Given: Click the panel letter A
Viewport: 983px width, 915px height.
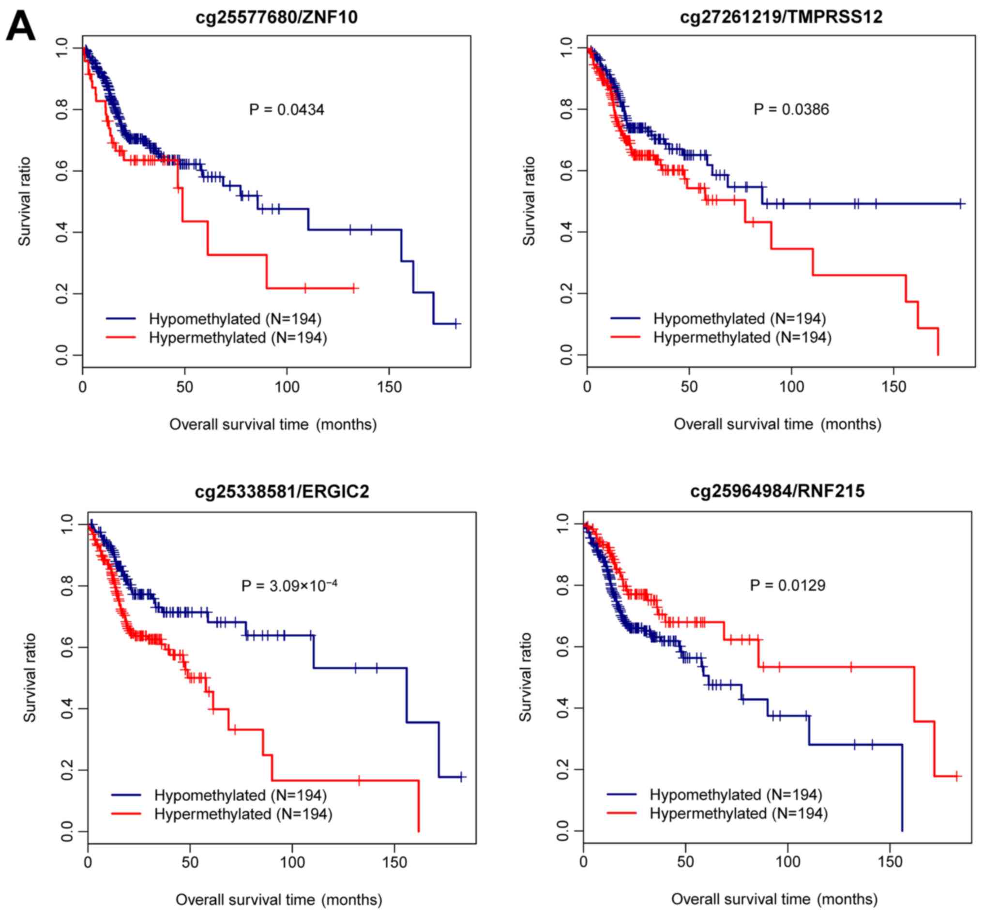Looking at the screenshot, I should click(x=20, y=27).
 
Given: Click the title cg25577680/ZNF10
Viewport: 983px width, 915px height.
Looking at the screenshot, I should click(x=276, y=17).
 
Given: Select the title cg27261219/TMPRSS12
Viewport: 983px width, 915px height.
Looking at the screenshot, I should click(x=781, y=17).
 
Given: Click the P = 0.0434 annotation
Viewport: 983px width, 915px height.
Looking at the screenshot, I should click(x=287, y=109).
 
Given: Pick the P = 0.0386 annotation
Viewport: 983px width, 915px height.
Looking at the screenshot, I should click(x=791, y=109).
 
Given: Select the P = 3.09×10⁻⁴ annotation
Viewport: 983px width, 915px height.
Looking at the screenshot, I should click(x=289, y=586).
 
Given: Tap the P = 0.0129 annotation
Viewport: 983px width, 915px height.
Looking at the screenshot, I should click(x=787, y=586).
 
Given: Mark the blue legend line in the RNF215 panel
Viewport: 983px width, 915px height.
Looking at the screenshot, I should click(x=621, y=795).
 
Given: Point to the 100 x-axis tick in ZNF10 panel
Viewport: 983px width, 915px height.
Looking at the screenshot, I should click(x=287, y=387).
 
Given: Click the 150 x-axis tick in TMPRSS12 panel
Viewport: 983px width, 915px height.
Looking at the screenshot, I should click(x=893, y=387).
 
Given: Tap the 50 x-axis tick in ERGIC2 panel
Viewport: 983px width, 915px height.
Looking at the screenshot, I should click(x=190, y=863).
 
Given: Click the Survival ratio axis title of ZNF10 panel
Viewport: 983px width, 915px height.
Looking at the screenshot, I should click(x=25, y=201).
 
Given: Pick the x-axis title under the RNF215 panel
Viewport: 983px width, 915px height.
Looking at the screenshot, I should click(x=774, y=899).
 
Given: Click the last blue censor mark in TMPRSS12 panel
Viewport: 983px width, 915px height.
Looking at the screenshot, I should click(x=960, y=203).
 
